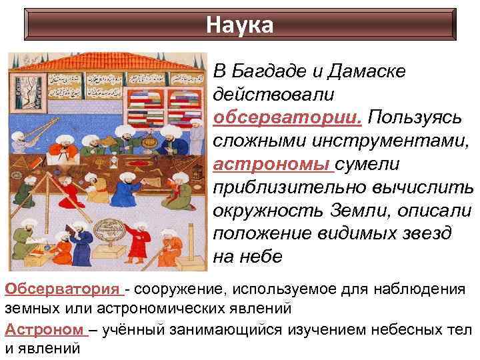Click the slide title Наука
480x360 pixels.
pos(239,25)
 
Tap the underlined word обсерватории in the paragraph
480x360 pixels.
pos(287,118)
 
